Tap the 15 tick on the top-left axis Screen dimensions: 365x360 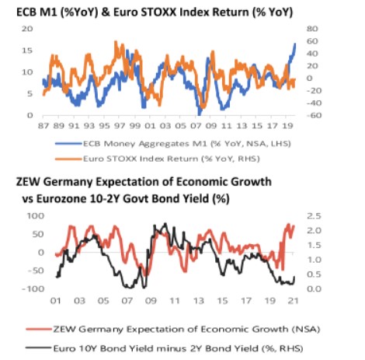(27, 51)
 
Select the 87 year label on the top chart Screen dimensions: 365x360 (43, 126)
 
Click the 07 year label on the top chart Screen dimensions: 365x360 (196, 126)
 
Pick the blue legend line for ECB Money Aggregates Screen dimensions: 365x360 (68, 144)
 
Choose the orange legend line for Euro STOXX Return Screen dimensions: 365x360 (68, 159)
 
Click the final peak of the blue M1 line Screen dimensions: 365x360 (295, 44)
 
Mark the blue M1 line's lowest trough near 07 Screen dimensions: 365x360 (199, 114)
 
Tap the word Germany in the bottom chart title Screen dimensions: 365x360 (68, 182)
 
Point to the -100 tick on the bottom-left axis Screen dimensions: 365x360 (33, 288)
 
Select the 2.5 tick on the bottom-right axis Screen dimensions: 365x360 (314, 216)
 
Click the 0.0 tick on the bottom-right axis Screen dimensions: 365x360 (314, 288)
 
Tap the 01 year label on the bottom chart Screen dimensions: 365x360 (55, 301)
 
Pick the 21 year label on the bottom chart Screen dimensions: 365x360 (294, 301)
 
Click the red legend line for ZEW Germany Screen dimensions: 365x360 (39, 330)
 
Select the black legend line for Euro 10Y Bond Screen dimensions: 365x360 (39, 348)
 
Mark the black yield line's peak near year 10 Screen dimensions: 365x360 (165, 224)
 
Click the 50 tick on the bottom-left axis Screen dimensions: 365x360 (39, 234)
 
